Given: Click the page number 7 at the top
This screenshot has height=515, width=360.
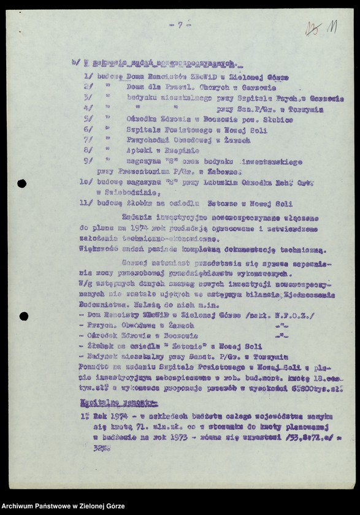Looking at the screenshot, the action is tap(180, 25).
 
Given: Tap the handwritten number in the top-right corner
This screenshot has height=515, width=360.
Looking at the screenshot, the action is tap(323, 28).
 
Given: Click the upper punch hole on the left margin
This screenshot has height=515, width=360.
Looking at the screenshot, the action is tap(22, 183).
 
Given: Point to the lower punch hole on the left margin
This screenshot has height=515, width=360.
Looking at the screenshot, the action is tap(23, 316).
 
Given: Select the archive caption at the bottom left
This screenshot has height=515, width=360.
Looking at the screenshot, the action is tap(63, 506).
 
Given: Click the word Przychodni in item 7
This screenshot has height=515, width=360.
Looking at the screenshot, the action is tap(148, 140).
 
